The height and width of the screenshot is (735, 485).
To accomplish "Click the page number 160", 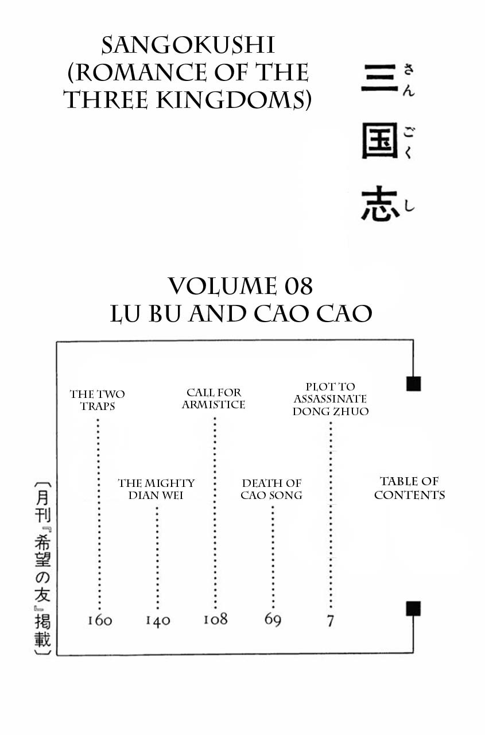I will tap(100, 620).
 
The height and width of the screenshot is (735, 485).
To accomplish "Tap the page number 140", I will tap(157, 620).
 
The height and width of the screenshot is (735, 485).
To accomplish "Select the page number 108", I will tap(215, 619).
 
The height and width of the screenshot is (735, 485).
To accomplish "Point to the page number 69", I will tap(273, 619).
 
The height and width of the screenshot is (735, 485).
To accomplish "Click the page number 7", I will tap(330, 620).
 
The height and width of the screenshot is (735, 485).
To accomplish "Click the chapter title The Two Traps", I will tap(97, 400).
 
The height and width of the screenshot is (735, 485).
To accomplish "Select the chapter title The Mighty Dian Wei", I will tap(156, 489).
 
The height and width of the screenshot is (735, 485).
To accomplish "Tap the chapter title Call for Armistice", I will tap(214, 399).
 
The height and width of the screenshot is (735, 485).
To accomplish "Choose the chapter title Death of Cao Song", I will tap(271, 489).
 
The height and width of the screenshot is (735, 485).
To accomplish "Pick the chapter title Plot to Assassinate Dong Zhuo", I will tap(330, 399).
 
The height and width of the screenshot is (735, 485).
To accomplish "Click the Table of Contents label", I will tap(409, 488).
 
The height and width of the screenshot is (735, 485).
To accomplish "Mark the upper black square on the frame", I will tap(413, 384).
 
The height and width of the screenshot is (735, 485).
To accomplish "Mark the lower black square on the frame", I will tap(413, 609).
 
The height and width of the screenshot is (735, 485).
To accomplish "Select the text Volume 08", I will tap(241, 285).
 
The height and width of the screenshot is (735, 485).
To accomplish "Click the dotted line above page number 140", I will tap(157, 557).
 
